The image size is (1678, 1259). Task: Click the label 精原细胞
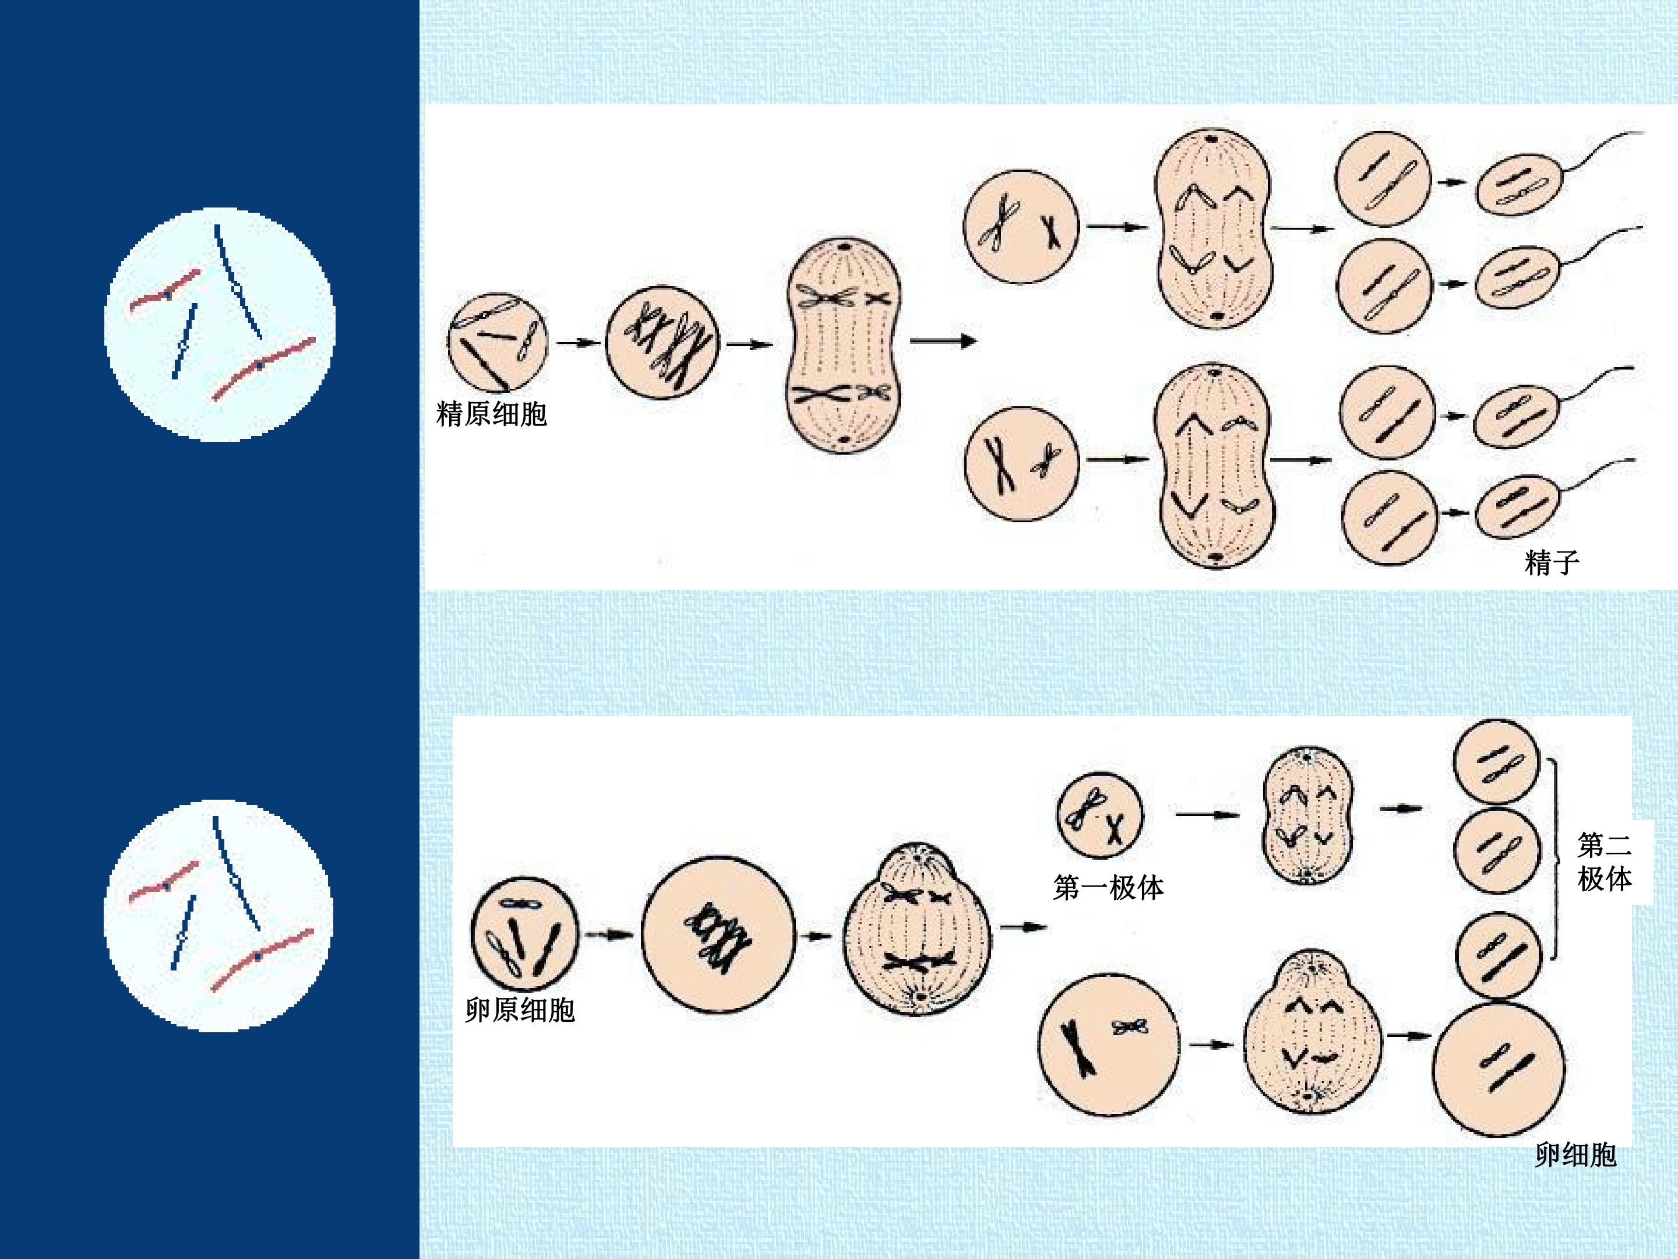tap(492, 414)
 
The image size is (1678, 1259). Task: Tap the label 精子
tap(1552, 562)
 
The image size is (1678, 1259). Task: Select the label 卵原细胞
tap(520, 1010)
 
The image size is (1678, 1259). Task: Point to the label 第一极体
tap(1108, 887)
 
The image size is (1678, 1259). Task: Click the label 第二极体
tap(1605, 861)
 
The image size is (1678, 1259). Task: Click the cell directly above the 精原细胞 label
tap(497, 342)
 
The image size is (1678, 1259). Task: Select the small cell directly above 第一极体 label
tap(1099, 816)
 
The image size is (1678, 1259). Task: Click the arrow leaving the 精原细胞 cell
tap(578, 343)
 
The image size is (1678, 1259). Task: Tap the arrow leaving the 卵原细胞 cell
tap(609, 935)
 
